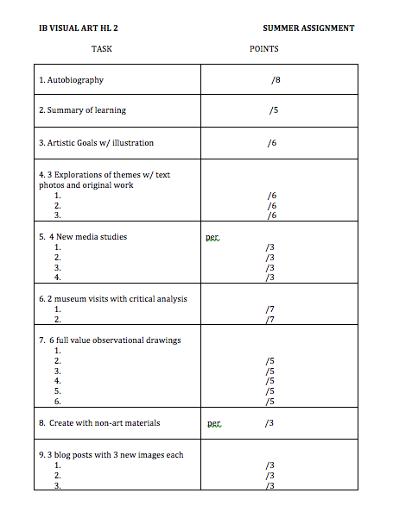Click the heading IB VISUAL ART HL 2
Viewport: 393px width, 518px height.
tap(79, 28)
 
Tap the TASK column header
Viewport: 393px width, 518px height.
tap(102, 49)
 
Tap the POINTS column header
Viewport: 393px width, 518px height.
tap(263, 49)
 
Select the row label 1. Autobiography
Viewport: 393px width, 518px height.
tap(71, 80)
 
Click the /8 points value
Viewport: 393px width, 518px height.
tap(276, 80)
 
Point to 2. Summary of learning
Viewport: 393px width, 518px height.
tap(82, 110)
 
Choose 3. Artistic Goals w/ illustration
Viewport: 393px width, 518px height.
tap(96, 142)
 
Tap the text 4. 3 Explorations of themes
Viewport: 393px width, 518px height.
tap(104, 175)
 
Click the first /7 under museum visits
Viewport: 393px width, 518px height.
tap(270, 309)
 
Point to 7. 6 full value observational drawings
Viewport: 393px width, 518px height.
tap(110, 340)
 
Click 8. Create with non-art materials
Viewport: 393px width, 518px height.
tap(99, 423)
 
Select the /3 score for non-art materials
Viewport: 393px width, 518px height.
tap(269, 423)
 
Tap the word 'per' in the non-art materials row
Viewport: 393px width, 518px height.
tap(214, 424)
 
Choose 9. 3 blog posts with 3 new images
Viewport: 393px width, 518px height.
tap(111, 455)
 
